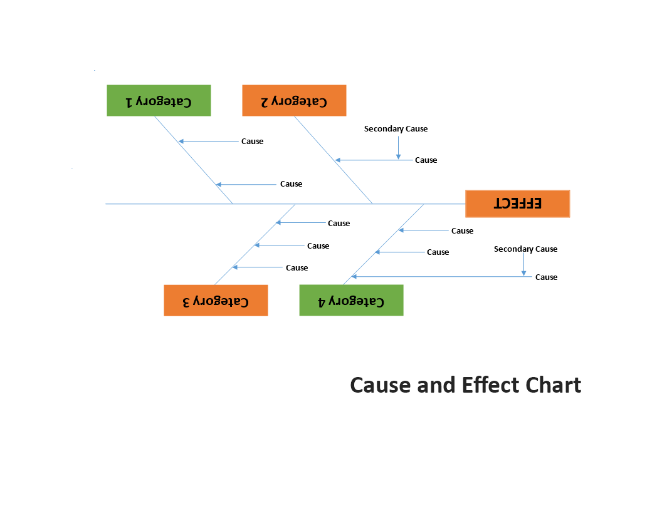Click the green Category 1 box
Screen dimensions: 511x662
159,100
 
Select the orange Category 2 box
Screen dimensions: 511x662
294,101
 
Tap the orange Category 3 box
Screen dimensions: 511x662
216,301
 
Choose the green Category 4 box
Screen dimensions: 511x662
351,301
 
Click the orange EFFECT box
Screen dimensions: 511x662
517,204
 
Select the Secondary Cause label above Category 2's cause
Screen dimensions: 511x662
396,129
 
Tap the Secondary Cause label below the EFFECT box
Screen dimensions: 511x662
525,249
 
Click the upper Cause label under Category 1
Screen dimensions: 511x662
252,142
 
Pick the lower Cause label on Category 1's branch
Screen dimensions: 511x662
291,184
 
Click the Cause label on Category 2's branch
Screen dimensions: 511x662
426,160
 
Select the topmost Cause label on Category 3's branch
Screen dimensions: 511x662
339,224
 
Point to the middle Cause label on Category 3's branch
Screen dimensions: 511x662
318,246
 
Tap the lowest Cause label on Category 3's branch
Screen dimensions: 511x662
297,268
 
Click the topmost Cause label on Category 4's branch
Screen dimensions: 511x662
462,231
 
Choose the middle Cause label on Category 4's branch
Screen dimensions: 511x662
438,252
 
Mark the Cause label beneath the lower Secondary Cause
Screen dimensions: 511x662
546,277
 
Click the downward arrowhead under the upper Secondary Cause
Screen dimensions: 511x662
398,156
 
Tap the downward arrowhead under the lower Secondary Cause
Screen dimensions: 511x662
523,272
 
